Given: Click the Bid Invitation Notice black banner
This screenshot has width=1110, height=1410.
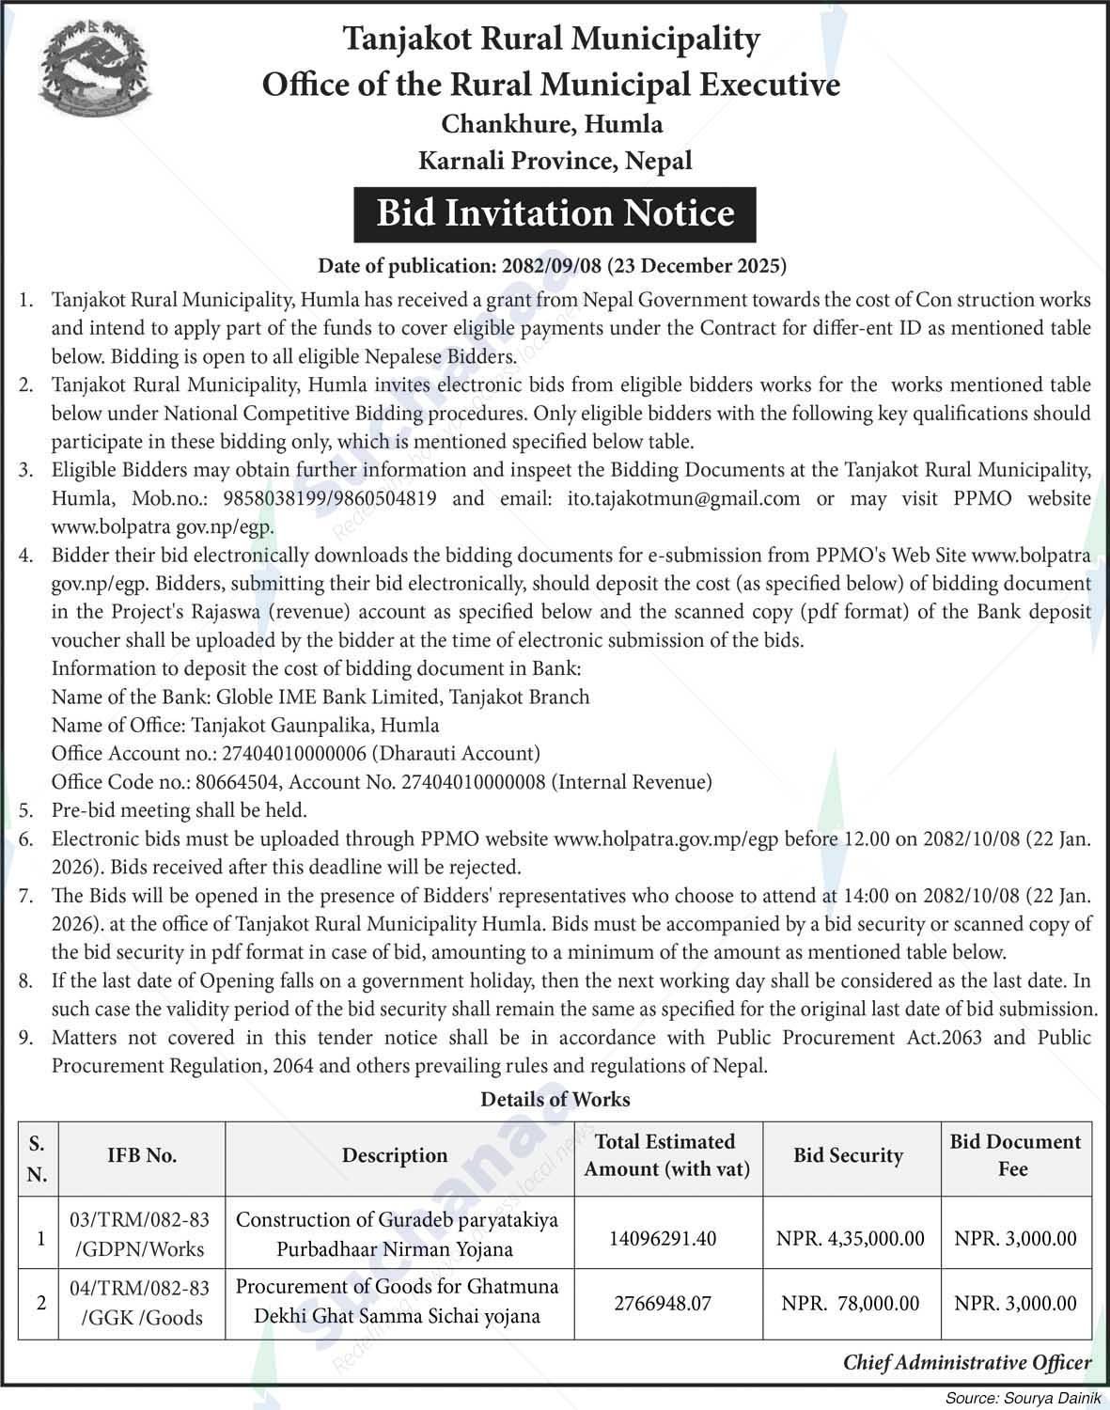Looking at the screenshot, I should tap(555, 214).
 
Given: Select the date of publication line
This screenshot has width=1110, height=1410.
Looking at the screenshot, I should tap(553, 266).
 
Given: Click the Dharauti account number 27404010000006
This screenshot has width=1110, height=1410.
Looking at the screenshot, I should tap(295, 753).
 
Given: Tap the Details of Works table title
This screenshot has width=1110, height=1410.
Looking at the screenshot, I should tap(555, 1099).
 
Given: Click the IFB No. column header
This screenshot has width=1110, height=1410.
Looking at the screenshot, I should tap(142, 1156).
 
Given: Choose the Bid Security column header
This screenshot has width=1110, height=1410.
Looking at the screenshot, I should tap(848, 1156).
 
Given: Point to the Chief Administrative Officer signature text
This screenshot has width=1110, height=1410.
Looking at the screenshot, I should tap(967, 1362).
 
